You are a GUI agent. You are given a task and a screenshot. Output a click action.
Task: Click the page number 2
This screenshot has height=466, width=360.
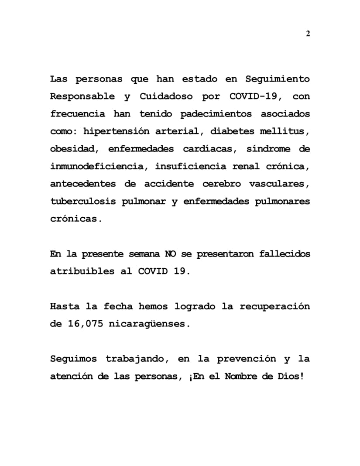[x=308, y=34]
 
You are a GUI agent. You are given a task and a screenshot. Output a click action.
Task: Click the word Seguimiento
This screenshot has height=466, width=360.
[x=278, y=79]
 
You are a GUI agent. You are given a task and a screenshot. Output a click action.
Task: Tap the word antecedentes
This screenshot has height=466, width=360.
[x=83, y=184]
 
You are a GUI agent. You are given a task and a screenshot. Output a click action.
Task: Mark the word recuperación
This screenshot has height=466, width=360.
[x=275, y=306]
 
